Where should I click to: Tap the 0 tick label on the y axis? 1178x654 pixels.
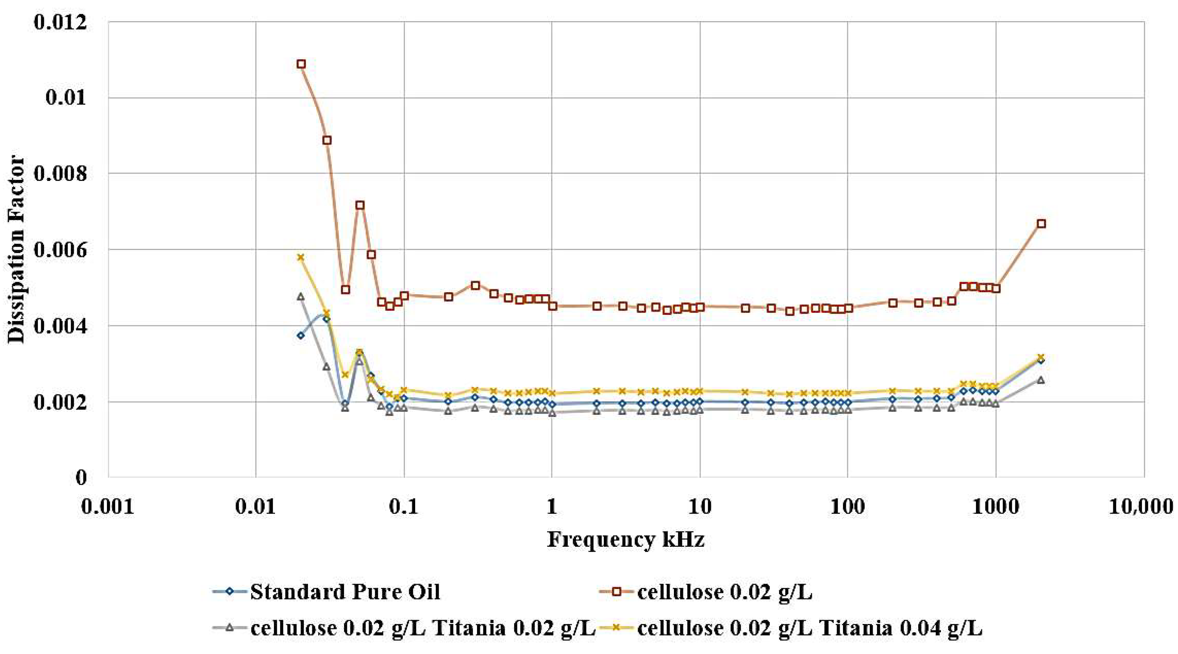(81, 477)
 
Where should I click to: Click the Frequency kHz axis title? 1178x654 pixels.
(625, 539)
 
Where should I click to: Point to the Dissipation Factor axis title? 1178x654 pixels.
(17, 250)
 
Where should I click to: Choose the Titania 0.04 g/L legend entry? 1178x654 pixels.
(809, 628)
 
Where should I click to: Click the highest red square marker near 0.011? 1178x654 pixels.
(301, 64)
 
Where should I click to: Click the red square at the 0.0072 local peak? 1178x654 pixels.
(360, 205)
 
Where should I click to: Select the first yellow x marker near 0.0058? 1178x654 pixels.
(300, 257)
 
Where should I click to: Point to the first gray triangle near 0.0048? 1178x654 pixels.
(300, 296)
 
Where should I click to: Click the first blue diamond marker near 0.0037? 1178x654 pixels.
(300, 335)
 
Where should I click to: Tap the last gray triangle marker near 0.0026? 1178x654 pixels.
(1041, 380)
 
